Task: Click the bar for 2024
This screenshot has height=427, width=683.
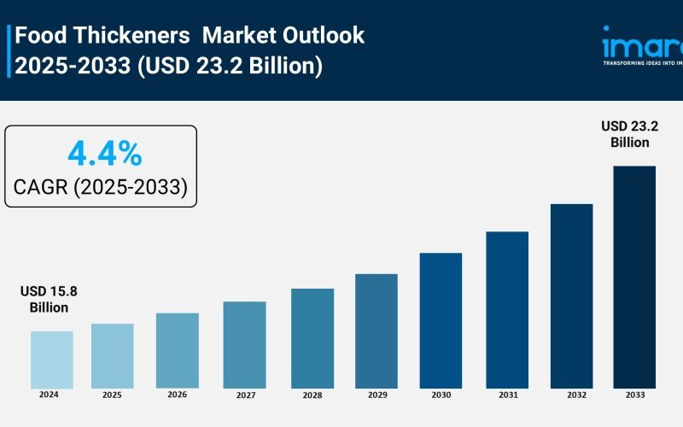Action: pos(51,360)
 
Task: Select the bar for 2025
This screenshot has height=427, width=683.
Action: pos(112,356)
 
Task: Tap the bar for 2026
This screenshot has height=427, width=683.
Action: pos(177,350)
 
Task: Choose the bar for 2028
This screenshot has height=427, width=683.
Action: pos(312,338)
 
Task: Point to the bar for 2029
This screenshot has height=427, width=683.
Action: pos(377,331)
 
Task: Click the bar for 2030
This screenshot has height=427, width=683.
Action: pos(441,320)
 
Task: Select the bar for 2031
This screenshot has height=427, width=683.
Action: pos(507,310)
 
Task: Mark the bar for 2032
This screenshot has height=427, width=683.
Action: pos(571,296)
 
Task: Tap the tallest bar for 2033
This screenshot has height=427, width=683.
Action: pos(634,277)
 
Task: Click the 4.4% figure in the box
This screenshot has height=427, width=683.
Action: pos(104,155)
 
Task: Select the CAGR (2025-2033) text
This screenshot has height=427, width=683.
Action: pos(101,187)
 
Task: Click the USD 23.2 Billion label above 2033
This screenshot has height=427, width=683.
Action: pos(630,134)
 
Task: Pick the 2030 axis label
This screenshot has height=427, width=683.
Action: pos(441,395)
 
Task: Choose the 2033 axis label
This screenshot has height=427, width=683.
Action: pos(634,395)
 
